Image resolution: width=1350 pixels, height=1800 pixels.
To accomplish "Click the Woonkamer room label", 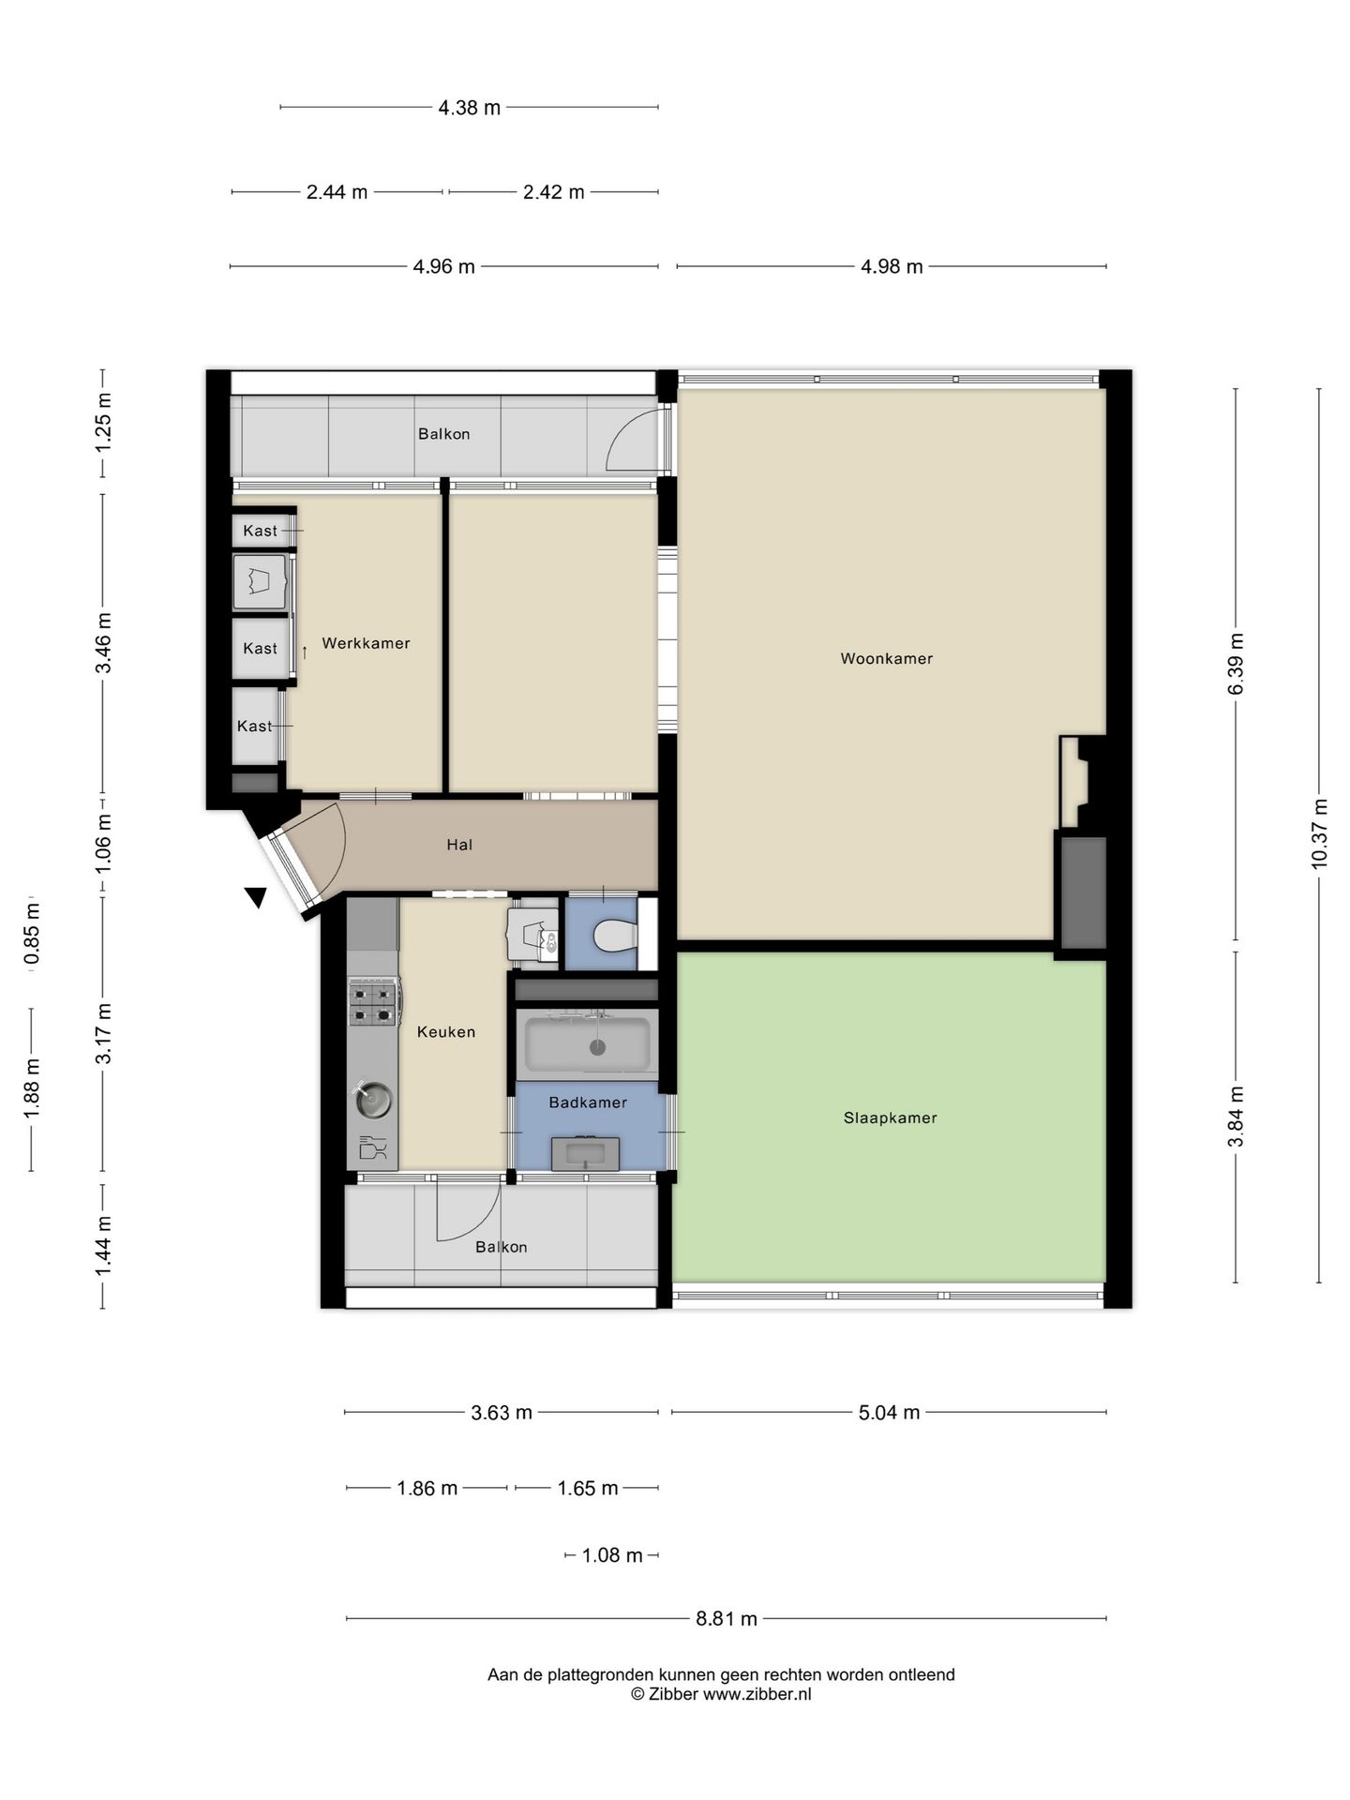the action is click(x=886, y=659).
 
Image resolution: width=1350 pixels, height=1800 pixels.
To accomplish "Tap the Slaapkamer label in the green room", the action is click(x=890, y=1117).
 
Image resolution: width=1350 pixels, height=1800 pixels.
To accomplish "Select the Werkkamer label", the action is click(x=366, y=643).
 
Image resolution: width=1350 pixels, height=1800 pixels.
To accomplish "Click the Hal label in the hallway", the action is click(x=459, y=845).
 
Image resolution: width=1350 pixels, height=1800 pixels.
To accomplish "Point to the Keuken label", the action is click(x=446, y=1032).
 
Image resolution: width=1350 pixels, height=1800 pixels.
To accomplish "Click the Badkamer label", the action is click(x=588, y=1102).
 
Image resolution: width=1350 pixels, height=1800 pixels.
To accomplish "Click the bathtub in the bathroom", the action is click(x=587, y=1043).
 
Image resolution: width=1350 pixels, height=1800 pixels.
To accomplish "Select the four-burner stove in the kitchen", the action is click(x=372, y=1001).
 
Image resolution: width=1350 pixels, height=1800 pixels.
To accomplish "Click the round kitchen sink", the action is click(x=373, y=1100).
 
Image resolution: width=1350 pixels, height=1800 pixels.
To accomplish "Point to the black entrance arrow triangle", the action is click(x=255, y=897).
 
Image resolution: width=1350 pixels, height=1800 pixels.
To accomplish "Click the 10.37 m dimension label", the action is click(x=1320, y=833).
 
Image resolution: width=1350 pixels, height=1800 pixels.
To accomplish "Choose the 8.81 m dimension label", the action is click(x=727, y=1618).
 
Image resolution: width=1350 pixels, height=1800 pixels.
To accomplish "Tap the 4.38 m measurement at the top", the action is click(x=470, y=108).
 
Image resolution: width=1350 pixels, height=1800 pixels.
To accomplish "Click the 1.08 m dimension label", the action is click(x=612, y=1555).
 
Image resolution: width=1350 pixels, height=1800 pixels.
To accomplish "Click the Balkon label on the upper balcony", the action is click(x=444, y=434).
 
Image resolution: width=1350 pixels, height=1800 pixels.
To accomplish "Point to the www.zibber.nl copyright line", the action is click(x=721, y=1694).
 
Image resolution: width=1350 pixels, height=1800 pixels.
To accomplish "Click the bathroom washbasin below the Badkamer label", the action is click(x=585, y=1154).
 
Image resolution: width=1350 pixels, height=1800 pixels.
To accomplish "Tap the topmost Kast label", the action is click(x=261, y=531).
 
